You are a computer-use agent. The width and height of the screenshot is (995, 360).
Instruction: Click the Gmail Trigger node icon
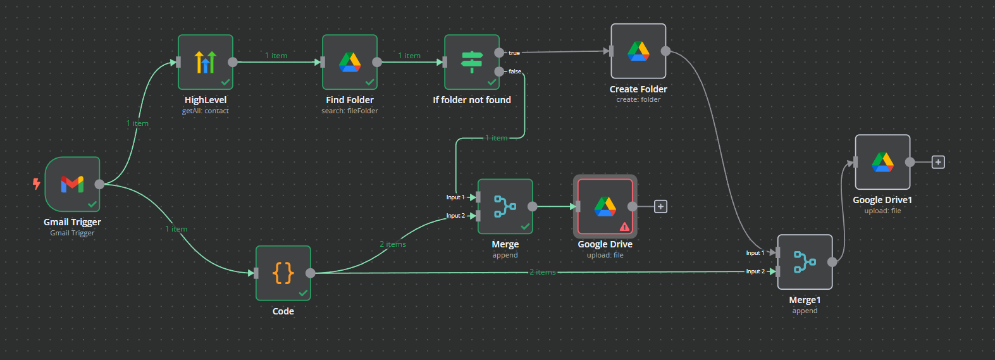72,184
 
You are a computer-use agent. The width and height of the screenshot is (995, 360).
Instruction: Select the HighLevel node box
206,62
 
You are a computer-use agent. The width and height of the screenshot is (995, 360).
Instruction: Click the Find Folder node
350,62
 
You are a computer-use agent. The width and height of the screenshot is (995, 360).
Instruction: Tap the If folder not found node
472,62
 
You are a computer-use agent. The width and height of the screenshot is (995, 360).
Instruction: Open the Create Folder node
638,51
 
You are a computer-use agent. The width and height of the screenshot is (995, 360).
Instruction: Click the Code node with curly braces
283,273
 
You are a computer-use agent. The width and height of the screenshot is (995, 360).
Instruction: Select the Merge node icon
505,206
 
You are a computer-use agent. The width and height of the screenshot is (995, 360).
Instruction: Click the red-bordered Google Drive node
605,206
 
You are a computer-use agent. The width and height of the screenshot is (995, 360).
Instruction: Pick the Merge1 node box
805,262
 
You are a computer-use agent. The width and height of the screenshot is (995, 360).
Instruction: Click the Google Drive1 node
882,162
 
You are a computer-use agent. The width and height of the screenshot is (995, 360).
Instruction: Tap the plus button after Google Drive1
938,162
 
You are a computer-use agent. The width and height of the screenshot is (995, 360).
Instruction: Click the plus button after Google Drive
660,206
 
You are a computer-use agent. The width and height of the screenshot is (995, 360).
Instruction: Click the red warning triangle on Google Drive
625,227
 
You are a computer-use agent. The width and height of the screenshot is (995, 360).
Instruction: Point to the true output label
514,53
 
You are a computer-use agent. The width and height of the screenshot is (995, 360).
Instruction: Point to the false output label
515,71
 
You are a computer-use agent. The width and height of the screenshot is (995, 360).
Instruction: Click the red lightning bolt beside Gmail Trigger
37,183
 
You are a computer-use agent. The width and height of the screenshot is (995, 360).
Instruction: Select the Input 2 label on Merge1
755,271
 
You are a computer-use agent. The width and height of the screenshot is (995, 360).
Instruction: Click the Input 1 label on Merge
455,197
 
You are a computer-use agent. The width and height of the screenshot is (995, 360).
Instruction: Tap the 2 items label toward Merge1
543,272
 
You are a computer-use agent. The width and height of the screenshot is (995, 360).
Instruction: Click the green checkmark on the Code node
303,293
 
